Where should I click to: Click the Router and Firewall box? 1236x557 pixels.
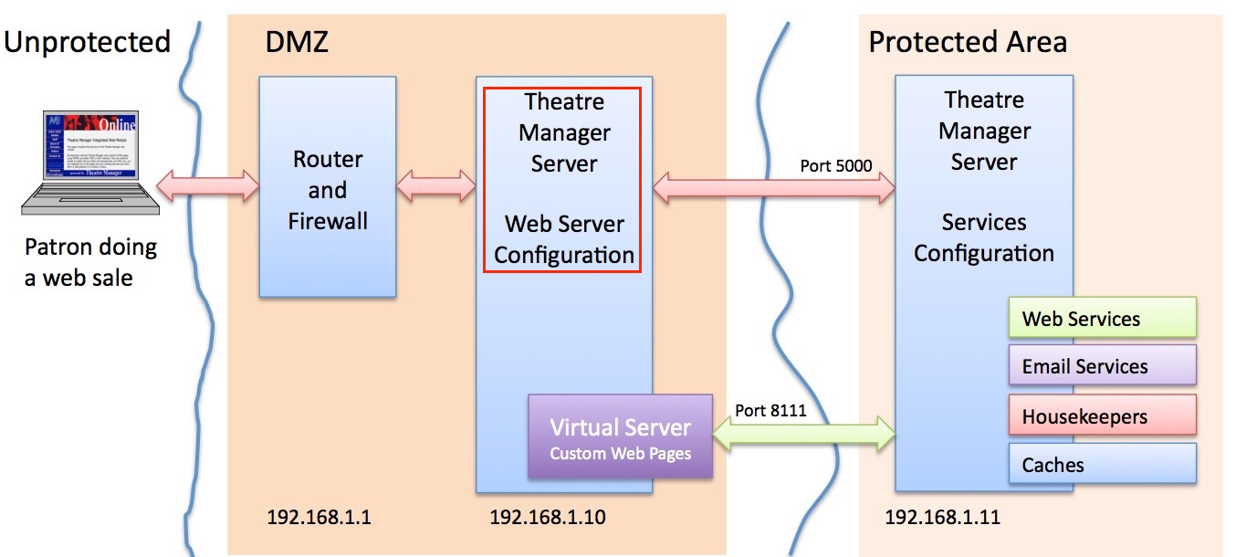tap(327, 187)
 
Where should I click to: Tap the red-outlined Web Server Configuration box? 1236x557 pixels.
tap(562, 179)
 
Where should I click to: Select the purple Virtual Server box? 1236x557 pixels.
tap(620, 436)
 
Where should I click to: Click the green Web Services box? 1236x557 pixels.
tap(1102, 319)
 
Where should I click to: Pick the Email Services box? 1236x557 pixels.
tap(1102, 366)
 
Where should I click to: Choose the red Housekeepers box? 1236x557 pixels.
tap(1102, 416)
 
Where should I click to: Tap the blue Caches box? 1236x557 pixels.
tap(1102, 465)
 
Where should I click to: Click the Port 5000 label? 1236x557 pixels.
tap(835, 166)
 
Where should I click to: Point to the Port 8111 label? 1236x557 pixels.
tap(770, 410)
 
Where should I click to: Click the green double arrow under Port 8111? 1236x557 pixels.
tap(803, 434)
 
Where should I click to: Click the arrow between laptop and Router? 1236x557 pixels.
tap(208, 186)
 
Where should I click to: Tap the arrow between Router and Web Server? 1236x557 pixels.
tap(436, 186)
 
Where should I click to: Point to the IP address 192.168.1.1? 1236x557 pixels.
tap(319, 518)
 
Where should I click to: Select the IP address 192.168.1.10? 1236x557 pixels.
tap(547, 518)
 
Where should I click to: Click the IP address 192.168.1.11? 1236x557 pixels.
tap(942, 518)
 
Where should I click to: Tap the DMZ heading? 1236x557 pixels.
tap(296, 42)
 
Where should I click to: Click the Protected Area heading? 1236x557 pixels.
tap(968, 42)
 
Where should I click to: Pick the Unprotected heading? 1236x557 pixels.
tap(88, 42)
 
